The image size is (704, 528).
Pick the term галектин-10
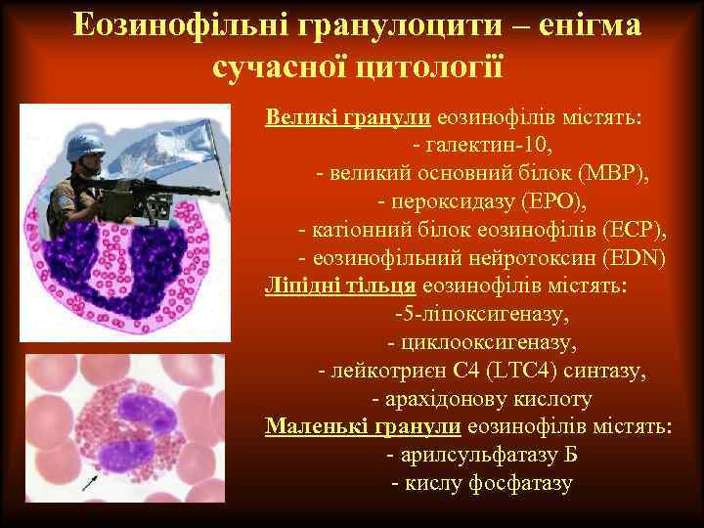pyautogui.click(x=488, y=147)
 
